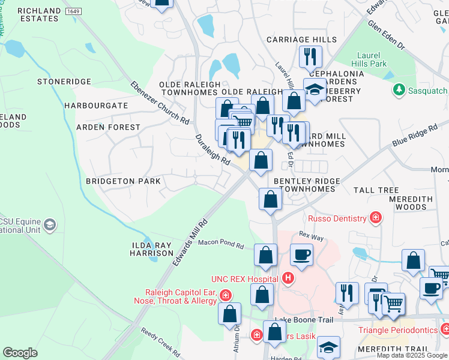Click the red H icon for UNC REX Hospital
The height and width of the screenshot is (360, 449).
pyautogui.click(x=288, y=278)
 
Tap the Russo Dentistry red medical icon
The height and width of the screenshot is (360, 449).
pyautogui.click(x=376, y=218)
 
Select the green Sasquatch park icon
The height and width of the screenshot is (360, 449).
pyautogui.click(x=398, y=90)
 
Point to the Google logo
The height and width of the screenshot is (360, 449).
pyautogui.click(x=20, y=353)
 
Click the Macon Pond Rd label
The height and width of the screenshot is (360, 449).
pyautogui.click(x=223, y=245)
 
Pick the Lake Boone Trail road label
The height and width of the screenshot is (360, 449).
pyautogui.click(x=304, y=320)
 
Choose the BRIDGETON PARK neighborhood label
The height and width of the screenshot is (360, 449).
pyautogui.click(x=123, y=181)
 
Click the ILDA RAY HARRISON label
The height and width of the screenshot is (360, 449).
pyautogui.click(x=152, y=249)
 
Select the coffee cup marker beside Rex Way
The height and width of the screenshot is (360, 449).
pyautogui.click(x=301, y=254)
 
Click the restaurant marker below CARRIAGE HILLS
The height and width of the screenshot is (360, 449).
pyautogui.click(x=311, y=57)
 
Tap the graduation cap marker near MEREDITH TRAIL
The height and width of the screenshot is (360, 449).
pyautogui.click(x=328, y=349)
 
